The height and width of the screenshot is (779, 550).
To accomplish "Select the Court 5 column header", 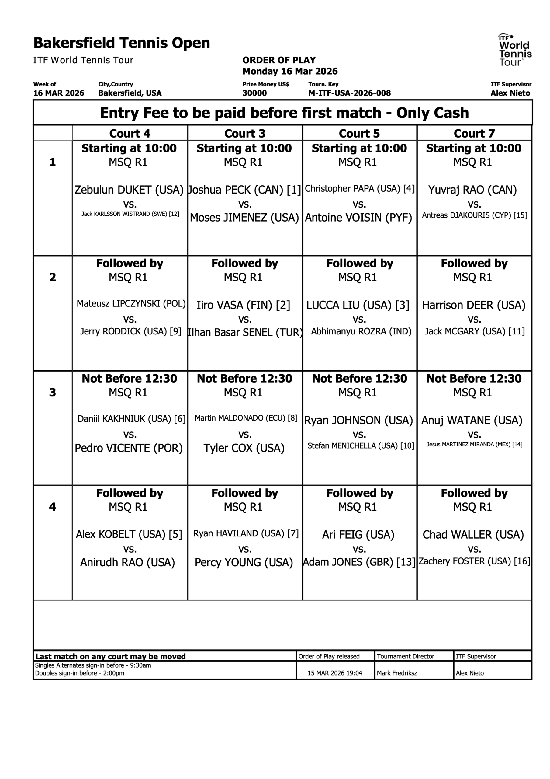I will [x=359, y=133].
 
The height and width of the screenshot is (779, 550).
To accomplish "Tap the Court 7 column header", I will [x=474, y=133].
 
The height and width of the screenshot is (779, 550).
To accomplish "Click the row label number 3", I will [x=53, y=392].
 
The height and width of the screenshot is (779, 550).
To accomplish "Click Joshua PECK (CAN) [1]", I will [x=244, y=190].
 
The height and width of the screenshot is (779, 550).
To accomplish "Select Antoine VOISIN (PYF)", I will [x=358, y=218].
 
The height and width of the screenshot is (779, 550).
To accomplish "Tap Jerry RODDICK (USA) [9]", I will [x=130, y=331].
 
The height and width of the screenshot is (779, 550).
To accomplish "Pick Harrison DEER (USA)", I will [x=474, y=305].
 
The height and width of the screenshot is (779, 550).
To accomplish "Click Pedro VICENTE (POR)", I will [x=129, y=448].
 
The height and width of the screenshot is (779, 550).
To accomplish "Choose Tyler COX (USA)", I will [x=244, y=448].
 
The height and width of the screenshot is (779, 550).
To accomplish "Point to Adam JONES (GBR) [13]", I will [x=359, y=562].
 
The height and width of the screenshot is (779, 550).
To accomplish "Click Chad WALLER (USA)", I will [x=473, y=535].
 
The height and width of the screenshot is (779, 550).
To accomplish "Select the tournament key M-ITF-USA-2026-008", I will [x=349, y=93].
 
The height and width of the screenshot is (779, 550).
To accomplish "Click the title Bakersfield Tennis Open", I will [x=122, y=43].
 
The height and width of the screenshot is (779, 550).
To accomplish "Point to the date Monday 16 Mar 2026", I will [x=290, y=71].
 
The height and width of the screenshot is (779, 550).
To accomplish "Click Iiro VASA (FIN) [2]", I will [x=244, y=305].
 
